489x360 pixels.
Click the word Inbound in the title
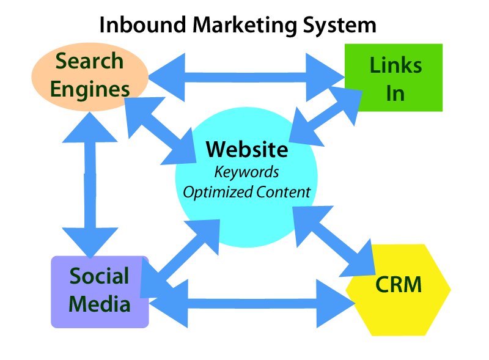click(142, 25)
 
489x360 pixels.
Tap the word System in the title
click(339, 25)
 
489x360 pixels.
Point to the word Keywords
click(246, 171)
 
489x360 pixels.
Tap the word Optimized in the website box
click(218, 192)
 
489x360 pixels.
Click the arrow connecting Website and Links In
click(325, 125)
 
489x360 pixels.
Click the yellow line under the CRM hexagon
click(398, 334)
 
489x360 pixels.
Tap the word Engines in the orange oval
click(90, 89)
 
